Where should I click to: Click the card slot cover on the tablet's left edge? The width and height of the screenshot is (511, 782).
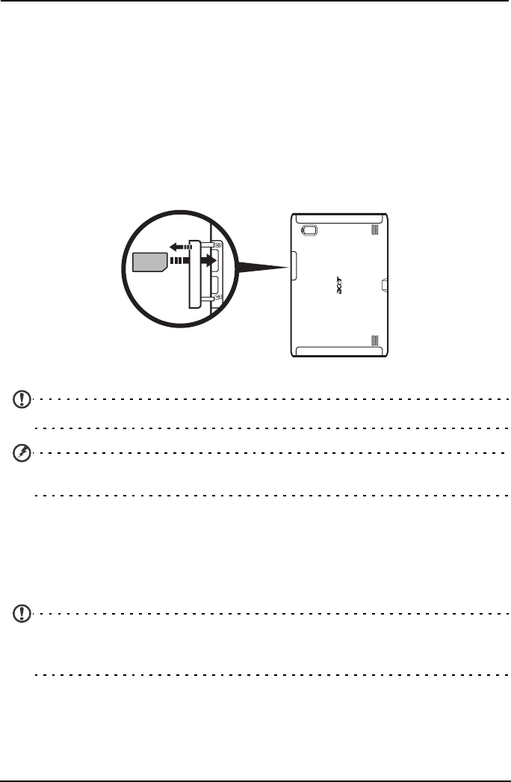(292, 265)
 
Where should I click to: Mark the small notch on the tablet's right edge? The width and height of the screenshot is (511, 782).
(384, 285)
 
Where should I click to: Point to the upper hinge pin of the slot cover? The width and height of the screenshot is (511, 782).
(217, 244)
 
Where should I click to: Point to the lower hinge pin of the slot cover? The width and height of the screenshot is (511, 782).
(217, 298)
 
